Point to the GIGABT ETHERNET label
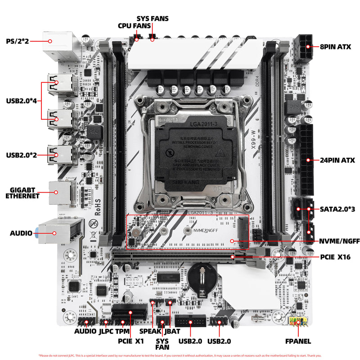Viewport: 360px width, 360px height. tap(22, 193)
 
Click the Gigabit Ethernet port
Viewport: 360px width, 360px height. tap(58, 193)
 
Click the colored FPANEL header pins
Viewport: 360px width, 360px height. tap(297, 321)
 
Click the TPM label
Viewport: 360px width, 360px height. tap(122, 331)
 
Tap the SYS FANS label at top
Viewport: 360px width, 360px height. tap(153, 18)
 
